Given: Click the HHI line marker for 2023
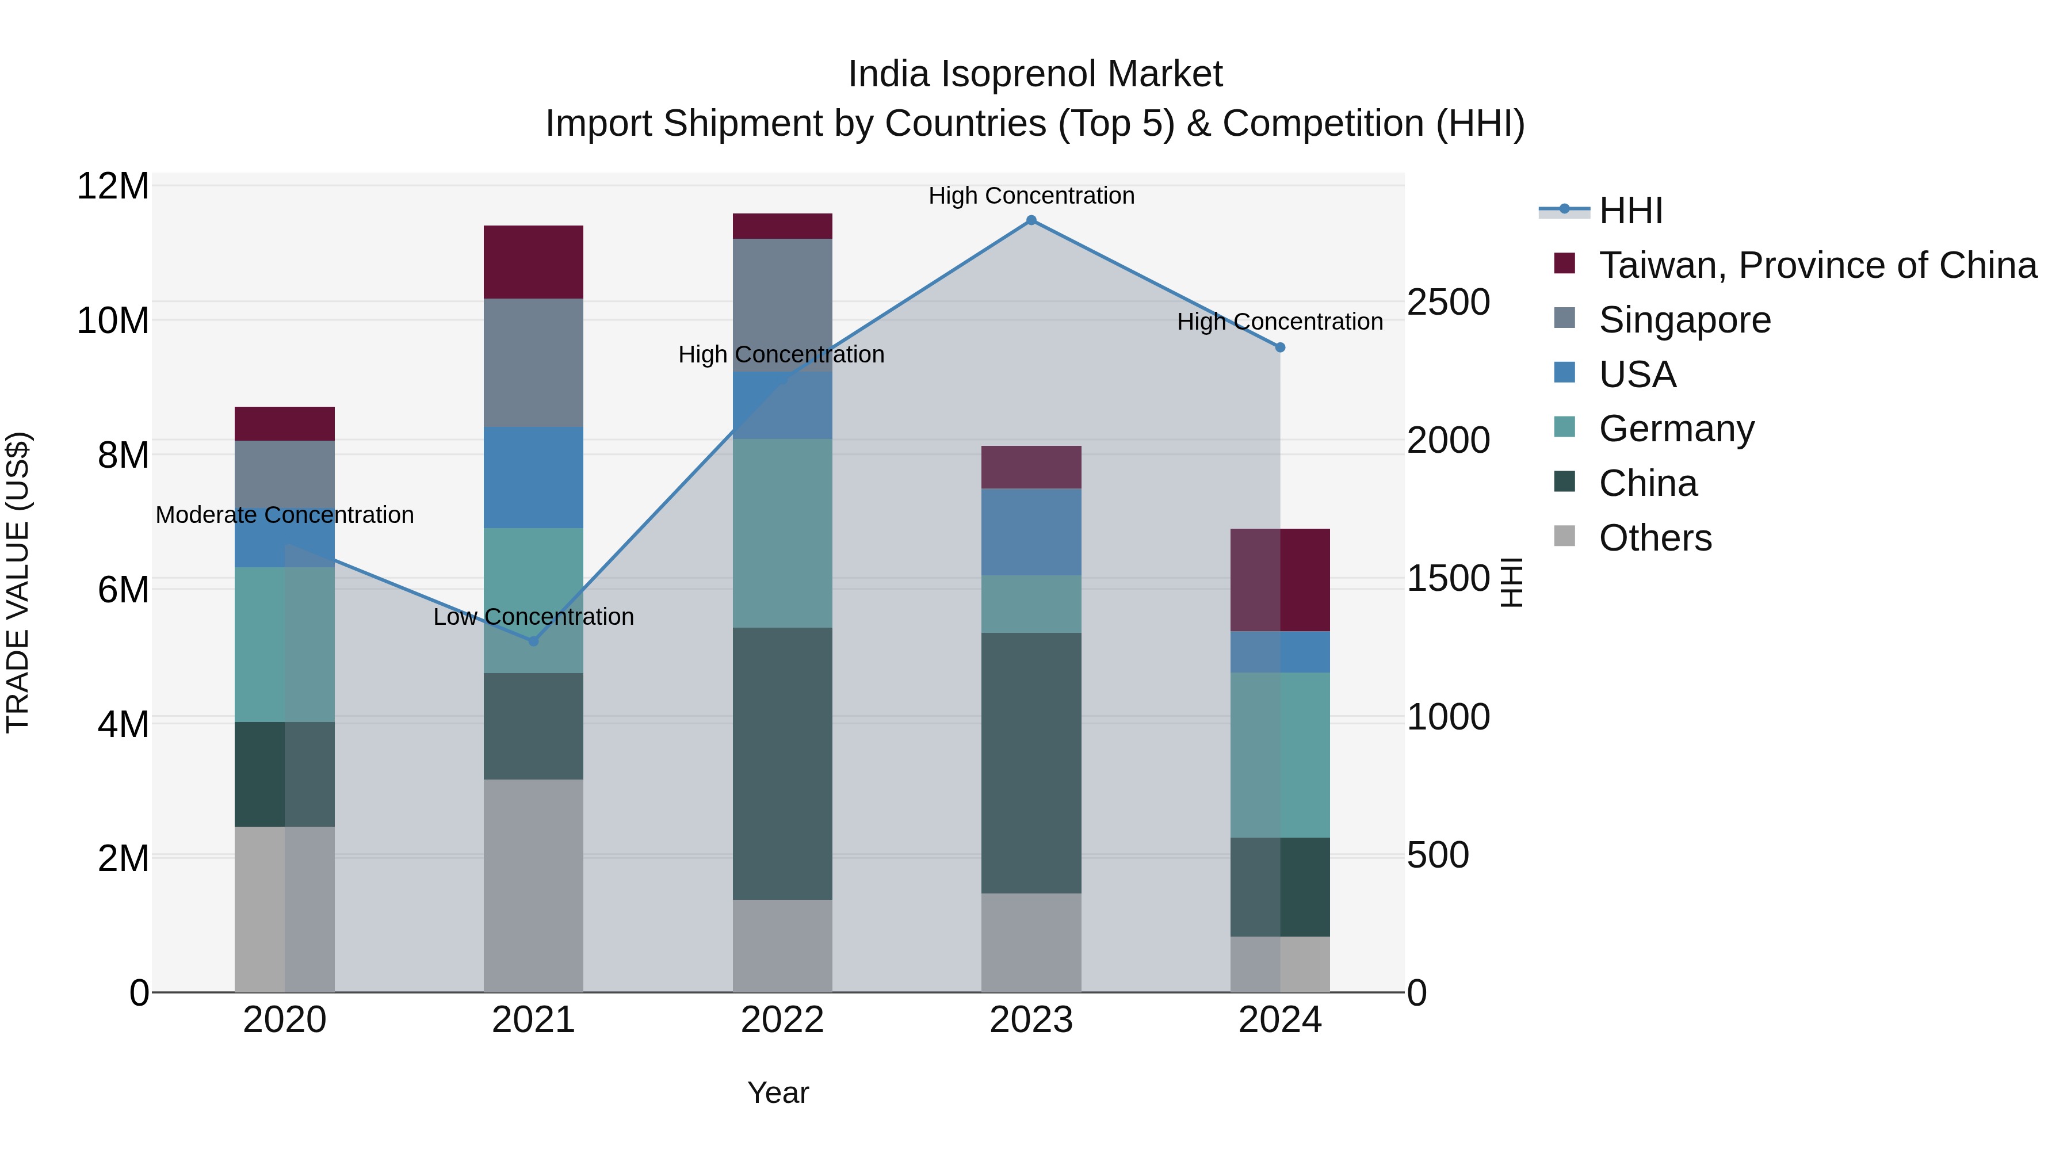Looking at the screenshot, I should click(x=1031, y=220).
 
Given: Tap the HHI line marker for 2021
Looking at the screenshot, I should click(x=533, y=641).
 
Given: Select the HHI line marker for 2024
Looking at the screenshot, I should click(x=1280, y=347).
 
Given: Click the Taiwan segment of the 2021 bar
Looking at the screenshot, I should click(x=533, y=262).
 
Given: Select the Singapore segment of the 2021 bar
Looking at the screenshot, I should click(x=533, y=362).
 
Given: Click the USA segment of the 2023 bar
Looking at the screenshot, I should click(x=1031, y=532).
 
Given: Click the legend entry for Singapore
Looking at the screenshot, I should click(x=1684, y=320).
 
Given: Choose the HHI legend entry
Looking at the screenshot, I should click(x=1630, y=211).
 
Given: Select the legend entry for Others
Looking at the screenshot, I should click(x=1654, y=538).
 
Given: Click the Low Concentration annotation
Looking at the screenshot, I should click(x=533, y=617).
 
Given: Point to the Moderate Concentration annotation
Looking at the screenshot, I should click(x=285, y=514).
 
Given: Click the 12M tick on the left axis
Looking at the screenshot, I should click(x=113, y=186).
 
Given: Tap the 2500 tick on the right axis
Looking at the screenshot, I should click(x=1448, y=303).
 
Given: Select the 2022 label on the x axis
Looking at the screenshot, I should click(x=782, y=1020).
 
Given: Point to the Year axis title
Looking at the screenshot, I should click(x=777, y=1093).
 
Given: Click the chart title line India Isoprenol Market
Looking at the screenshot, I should click(x=1035, y=74).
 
